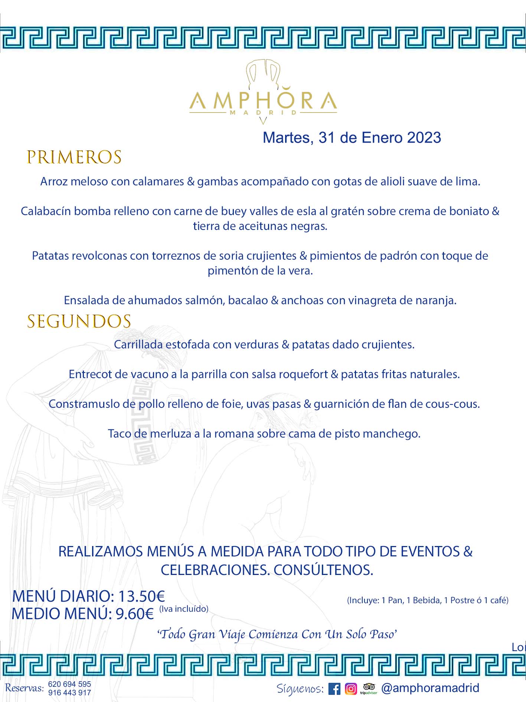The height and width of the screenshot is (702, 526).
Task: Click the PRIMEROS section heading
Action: tap(74, 157)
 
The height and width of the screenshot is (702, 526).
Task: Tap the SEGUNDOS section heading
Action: tap(79, 322)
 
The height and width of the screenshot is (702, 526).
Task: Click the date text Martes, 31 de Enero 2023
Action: tap(352, 138)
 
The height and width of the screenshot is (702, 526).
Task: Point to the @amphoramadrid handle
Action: tap(430, 688)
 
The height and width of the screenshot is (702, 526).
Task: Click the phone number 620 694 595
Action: tap(69, 684)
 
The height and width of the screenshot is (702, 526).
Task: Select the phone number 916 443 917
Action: tap(69, 693)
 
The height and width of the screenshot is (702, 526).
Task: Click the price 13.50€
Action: tap(141, 597)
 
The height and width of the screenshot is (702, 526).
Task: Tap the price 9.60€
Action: tap(134, 614)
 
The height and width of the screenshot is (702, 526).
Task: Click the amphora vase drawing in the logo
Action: tap(263, 74)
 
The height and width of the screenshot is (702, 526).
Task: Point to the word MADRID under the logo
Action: tap(263, 113)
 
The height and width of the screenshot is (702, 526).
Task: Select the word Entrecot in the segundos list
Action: tap(90, 374)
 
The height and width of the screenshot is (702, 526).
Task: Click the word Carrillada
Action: tap(138, 345)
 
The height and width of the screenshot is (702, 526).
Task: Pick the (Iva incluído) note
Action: tap(184, 609)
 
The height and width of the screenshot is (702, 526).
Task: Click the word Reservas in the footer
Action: tap(24, 688)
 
